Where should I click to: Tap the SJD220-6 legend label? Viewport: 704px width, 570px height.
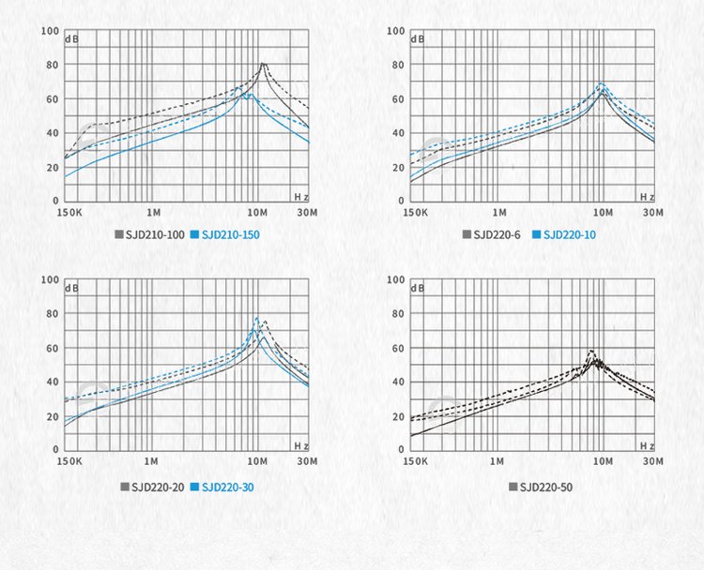[497, 234]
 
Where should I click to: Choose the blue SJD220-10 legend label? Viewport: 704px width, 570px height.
[569, 234]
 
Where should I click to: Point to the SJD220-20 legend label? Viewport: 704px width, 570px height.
[157, 487]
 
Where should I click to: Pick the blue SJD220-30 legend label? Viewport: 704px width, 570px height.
[227, 487]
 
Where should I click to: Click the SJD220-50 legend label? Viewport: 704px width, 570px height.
[545, 487]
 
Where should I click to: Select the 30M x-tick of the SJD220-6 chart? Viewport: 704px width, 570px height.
[653, 213]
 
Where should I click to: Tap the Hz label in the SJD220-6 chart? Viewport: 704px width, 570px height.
[647, 197]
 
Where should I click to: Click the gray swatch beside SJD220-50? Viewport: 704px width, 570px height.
[513, 487]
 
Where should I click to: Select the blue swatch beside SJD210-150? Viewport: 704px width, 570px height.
[194, 234]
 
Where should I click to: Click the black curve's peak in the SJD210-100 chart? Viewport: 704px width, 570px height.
[263, 64]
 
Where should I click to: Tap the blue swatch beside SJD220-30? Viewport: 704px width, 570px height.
[194, 487]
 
